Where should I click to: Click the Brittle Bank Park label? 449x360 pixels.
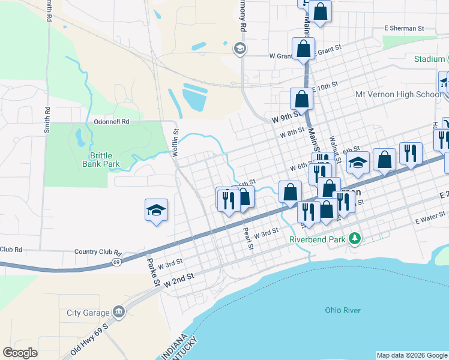pos(101,160)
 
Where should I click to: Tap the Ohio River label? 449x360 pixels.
pos(342,310)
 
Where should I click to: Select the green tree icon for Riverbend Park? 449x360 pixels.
pos(355,239)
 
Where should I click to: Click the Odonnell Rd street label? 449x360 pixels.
pos(112,121)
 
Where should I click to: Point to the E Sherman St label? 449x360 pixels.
pos(404,28)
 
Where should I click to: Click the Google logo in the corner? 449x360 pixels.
pos(20,353)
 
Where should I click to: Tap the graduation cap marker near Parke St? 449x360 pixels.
pos(156,211)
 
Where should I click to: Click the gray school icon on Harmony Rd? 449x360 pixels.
pos(240,49)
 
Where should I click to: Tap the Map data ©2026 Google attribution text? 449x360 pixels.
pos(412,355)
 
